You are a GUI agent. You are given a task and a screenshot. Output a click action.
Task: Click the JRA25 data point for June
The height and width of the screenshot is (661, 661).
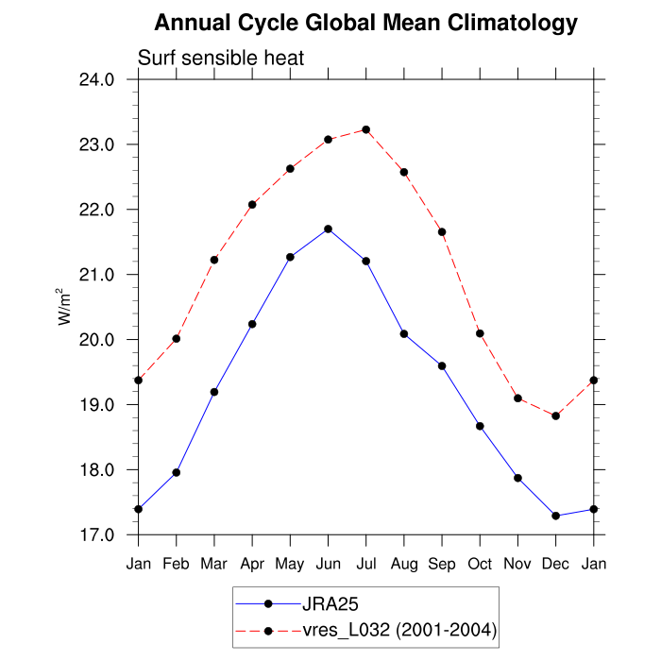coord(328,229)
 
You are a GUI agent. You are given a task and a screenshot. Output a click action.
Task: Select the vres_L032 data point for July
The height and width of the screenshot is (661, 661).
coord(366,129)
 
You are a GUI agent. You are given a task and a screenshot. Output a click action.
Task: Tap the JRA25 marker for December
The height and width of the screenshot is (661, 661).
coord(556,516)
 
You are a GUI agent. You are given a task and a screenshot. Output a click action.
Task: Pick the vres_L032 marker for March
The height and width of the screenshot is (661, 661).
coord(214,260)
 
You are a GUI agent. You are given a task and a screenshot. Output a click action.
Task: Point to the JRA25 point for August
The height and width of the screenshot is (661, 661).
coord(404,334)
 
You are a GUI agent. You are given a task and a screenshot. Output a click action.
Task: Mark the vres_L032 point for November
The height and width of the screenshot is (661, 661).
coord(517,398)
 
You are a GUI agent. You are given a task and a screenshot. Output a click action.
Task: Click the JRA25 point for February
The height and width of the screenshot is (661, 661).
coord(177,472)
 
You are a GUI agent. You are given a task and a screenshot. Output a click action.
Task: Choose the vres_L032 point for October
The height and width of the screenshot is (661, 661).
coord(480,333)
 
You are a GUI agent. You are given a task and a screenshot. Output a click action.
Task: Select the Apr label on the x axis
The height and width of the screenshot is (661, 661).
coord(252,565)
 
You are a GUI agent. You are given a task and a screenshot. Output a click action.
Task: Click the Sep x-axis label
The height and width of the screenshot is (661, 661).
coord(442,565)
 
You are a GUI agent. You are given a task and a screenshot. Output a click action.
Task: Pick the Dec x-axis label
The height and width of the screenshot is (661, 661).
coord(556,565)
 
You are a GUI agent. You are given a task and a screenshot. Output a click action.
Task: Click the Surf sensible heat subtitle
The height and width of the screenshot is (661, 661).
coord(221,59)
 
